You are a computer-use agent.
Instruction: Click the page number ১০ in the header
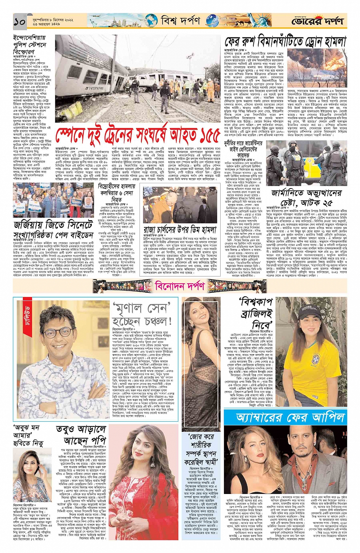pyautogui.click(x=19, y=21)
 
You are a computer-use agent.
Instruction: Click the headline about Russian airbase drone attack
pyautogui.click(x=285, y=41)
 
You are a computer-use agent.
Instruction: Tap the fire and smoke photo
pyautogui.click(x=316, y=69)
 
